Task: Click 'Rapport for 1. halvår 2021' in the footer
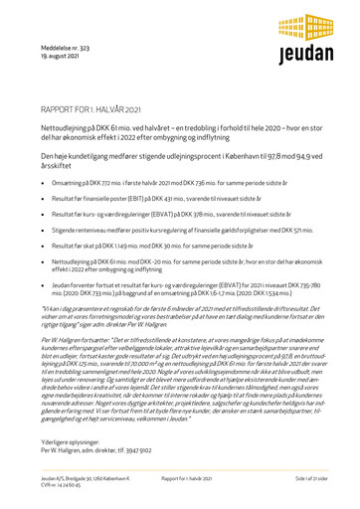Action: point(181,477)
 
